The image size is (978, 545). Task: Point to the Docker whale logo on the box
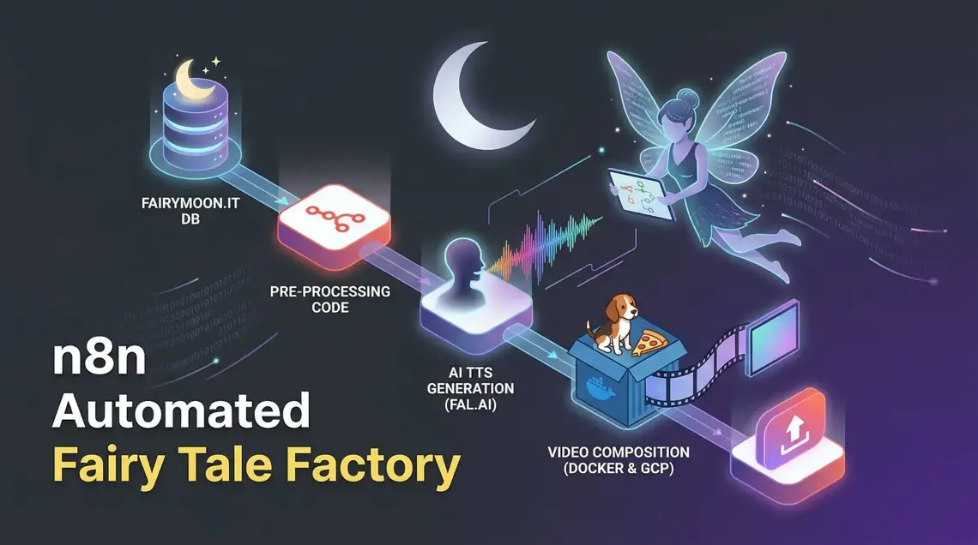[x=600, y=387]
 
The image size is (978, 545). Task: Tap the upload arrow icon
[x=794, y=428]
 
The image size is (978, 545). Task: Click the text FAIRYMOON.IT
[x=190, y=203]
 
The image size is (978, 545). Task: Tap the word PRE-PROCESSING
[x=330, y=291]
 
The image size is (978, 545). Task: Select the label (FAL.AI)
[x=470, y=404]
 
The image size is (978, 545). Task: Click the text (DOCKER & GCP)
[x=619, y=469]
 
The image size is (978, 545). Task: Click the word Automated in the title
[x=181, y=411]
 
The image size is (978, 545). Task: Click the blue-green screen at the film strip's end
[x=774, y=339]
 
